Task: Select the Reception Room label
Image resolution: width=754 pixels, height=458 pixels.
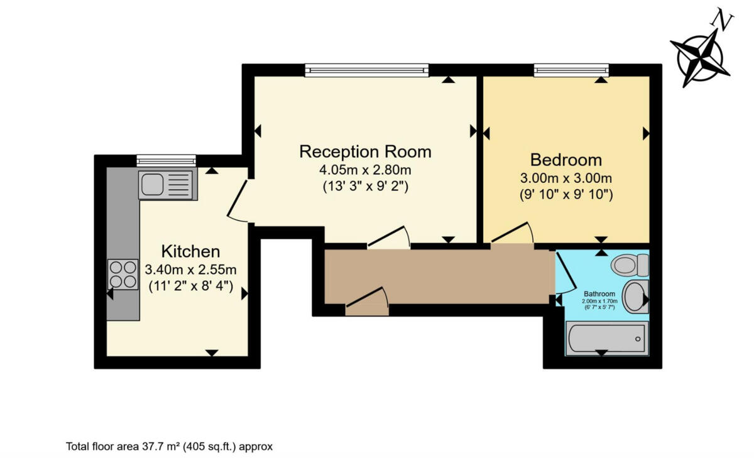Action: click(x=365, y=151)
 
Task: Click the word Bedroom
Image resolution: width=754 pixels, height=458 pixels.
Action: click(x=565, y=160)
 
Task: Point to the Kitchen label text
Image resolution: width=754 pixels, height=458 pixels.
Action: click(x=190, y=252)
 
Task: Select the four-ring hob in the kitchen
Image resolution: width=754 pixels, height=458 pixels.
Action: click(x=123, y=274)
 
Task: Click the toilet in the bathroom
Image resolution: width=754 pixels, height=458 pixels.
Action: click(x=630, y=264)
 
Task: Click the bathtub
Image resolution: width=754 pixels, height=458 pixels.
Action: click(x=606, y=338)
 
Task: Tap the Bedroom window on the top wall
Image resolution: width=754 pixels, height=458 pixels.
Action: click(x=571, y=70)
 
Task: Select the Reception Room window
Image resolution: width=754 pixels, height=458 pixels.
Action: click(x=367, y=70)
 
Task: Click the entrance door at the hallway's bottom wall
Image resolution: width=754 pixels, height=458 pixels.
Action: click(x=368, y=303)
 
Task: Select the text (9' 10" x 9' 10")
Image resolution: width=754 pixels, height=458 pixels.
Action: click(x=565, y=195)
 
